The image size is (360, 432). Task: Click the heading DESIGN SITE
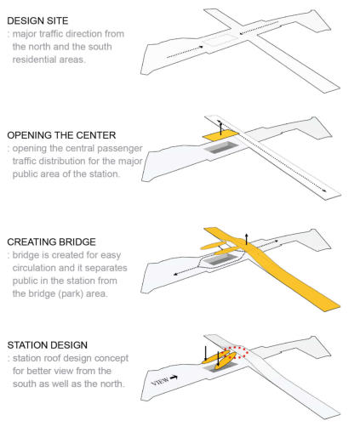[37, 20]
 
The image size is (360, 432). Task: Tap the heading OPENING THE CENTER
[61, 135]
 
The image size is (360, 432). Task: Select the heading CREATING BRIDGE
[52, 242]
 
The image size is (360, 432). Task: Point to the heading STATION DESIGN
[48, 345]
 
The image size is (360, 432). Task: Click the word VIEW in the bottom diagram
[160, 382]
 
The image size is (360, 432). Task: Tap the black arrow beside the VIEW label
[174, 378]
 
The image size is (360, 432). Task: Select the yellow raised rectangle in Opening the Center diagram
[221, 137]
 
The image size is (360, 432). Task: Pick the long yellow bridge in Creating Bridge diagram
[272, 270]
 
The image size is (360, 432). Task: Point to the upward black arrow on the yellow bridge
[247, 239]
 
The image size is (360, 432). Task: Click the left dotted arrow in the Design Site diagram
[185, 52]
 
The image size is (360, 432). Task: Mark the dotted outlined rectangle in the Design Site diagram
[221, 40]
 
